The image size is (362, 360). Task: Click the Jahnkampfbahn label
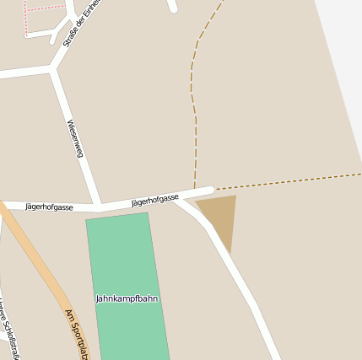(127, 298)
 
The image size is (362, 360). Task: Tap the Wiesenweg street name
(75, 138)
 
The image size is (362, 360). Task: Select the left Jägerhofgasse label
(49, 207)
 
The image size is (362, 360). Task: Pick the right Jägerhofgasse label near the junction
(155, 200)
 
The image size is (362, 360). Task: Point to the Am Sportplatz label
(77, 333)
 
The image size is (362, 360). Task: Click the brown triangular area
(220, 216)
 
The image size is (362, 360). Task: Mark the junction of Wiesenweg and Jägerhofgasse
(100, 206)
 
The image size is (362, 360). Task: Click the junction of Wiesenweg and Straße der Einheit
(52, 70)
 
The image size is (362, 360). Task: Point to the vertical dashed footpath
(196, 126)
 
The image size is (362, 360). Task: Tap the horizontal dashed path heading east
(287, 181)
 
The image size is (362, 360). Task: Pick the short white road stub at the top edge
(172, 6)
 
